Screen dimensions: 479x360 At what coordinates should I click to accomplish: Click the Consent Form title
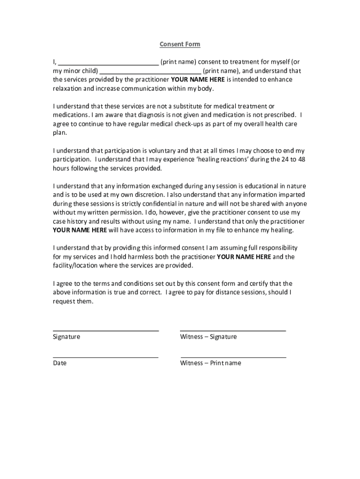click(x=180, y=44)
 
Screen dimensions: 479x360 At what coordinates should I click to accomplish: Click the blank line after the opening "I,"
click(x=109, y=65)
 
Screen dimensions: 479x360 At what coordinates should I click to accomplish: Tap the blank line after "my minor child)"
click(x=151, y=73)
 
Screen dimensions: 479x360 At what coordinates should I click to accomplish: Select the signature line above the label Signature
click(x=106, y=330)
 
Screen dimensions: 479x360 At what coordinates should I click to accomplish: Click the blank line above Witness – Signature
click(x=233, y=330)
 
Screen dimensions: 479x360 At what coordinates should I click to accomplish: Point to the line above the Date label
click(x=106, y=357)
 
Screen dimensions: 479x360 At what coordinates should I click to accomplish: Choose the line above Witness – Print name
click(x=233, y=357)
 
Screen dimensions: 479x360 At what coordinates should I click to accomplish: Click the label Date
click(x=59, y=363)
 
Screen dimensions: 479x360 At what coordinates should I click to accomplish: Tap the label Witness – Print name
click(x=210, y=363)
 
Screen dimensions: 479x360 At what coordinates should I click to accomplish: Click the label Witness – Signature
click(x=208, y=337)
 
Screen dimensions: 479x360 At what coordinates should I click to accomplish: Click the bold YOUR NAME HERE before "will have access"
click(x=80, y=230)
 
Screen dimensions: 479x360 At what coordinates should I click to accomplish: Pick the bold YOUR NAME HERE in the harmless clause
click(x=244, y=257)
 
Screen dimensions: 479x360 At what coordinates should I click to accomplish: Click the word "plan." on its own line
click(x=60, y=133)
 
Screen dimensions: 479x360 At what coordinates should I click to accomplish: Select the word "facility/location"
click(x=77, y=265)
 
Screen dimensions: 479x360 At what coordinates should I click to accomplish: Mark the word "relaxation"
click(x=67, y=88)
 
